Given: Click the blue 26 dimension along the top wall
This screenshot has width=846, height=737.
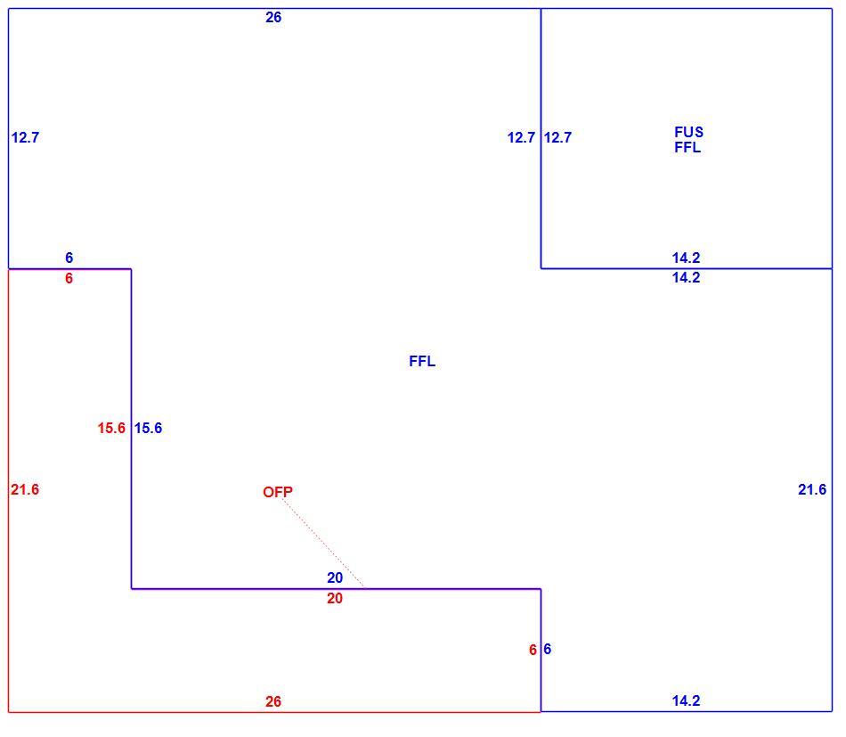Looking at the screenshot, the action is point(273,17).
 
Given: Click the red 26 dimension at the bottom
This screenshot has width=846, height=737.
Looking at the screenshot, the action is point(273,701).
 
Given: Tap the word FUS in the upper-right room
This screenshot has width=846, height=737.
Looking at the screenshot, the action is point(689,132).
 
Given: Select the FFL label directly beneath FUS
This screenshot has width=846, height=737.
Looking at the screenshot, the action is point(687,147).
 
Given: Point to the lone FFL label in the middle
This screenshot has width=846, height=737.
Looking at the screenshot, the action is point(422,361).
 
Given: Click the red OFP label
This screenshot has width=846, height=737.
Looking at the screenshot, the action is point(278,492).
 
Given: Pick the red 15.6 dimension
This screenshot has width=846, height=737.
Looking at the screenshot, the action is point(111,428).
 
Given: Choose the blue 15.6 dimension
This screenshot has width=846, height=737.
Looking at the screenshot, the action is point(149,428).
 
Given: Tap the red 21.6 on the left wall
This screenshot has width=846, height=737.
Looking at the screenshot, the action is point(25,490).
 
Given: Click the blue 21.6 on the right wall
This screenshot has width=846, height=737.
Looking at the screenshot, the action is point(812,490).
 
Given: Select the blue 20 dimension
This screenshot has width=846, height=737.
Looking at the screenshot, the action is point(335,577).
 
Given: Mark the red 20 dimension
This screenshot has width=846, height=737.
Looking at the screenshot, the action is point(335,598).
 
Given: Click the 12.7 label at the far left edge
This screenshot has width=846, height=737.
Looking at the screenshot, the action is point(25,137).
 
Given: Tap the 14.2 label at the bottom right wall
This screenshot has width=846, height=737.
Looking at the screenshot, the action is point(687,700).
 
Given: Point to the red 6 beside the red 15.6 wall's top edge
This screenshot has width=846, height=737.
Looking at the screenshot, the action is point(69,278).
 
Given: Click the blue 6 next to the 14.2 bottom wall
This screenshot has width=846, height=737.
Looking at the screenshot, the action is point(548,649).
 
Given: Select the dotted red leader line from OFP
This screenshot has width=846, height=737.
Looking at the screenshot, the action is point(323,543).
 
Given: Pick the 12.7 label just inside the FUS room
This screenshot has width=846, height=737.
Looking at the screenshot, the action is point(557,137).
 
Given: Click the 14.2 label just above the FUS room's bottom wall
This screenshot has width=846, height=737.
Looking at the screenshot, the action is point(687,258).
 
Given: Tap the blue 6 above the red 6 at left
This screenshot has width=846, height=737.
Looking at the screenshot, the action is point(69,258).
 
